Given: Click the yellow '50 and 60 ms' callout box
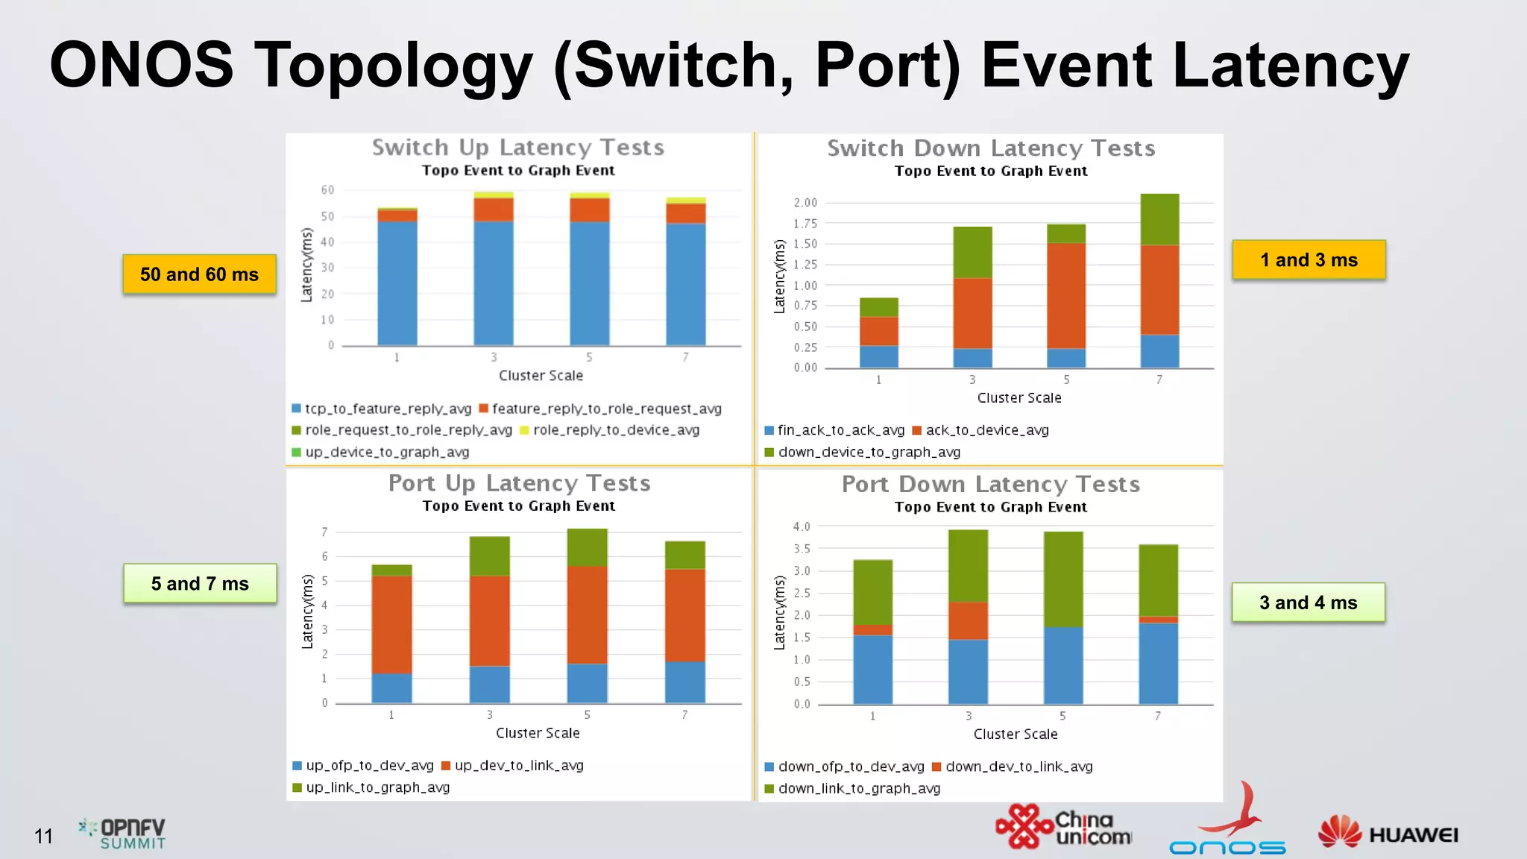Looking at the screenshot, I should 199,274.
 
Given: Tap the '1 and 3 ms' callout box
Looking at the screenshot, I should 1309,260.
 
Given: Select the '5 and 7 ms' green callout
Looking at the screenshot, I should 200,584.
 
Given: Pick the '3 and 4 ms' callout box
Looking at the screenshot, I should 1308,602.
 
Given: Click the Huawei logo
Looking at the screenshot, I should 1388,834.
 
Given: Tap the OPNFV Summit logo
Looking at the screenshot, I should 123,834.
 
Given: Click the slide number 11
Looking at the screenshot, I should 43,837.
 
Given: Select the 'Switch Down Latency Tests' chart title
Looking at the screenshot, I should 991,148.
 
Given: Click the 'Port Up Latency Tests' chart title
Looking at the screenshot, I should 519,483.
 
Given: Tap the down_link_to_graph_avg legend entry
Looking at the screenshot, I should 853,788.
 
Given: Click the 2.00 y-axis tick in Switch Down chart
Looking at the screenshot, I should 805,203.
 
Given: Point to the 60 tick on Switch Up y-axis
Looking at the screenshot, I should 327,190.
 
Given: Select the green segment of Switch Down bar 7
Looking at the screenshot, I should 1159,219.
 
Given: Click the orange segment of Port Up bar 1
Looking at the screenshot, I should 391,624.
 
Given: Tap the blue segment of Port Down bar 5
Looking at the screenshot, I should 1062,665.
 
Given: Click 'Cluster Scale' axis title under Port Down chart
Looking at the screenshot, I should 1015,734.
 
